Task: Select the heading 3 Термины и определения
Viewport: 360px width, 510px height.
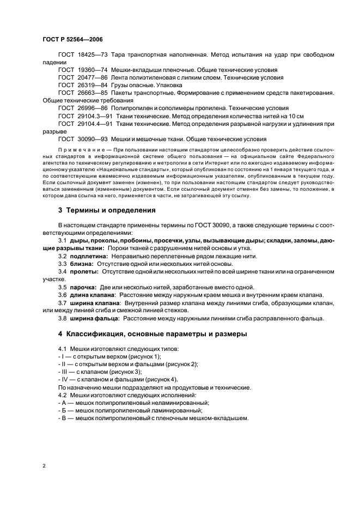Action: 107,210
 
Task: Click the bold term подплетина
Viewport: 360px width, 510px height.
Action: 88,256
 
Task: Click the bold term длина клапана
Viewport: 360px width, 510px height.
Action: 90,295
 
